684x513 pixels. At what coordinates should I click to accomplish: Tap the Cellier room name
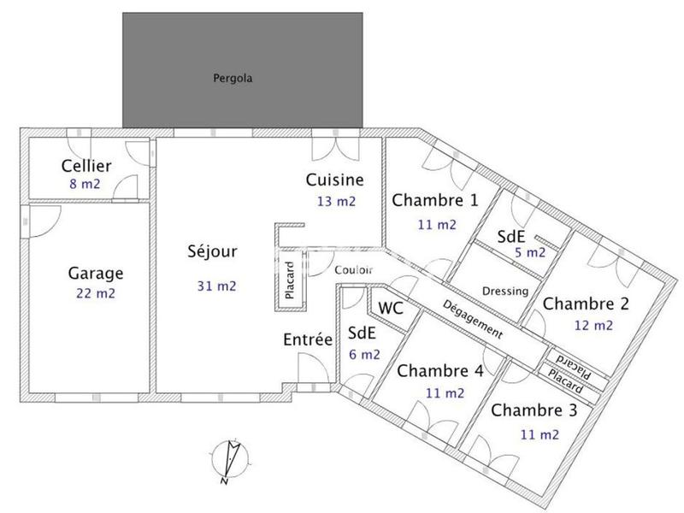click(x=84, y=166)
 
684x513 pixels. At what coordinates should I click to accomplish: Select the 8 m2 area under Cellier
click(x=84, y=183)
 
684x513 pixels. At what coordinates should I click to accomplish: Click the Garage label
click(x=96, y=274)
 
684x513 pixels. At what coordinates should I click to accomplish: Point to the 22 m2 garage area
click(x=96, y=293)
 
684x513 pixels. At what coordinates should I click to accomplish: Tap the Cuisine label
click(x=335, y=180)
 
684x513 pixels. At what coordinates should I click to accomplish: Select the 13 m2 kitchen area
click(x=335, y=202)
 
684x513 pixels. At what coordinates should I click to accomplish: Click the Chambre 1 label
click(x=434, y=200)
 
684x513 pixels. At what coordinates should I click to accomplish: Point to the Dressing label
click(x=505, y=292)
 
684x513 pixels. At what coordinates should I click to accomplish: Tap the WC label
click(x=391, y=307)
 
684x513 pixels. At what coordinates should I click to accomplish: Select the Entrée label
click(x=307, y=339)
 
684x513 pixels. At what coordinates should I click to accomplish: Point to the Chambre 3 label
click(x=534, y=410)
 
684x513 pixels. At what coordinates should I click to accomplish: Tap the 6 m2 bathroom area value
click(x=364, y=354)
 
